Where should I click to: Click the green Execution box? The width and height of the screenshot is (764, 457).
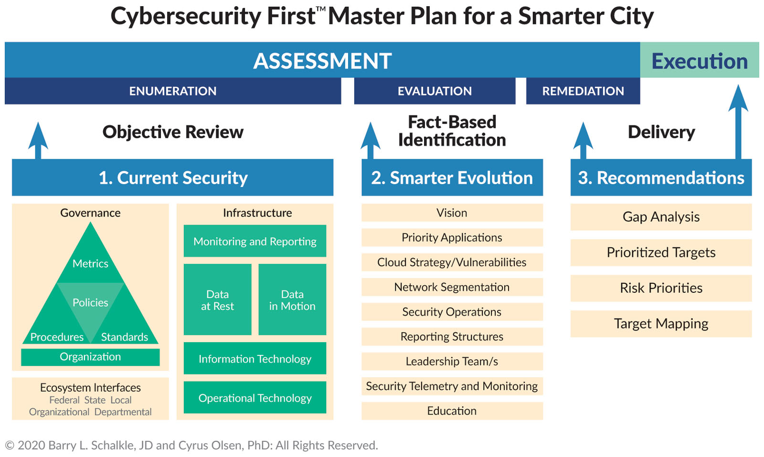699,60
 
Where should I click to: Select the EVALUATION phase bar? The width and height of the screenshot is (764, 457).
435,91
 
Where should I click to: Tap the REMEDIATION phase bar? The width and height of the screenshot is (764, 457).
583,91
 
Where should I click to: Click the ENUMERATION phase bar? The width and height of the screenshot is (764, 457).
173,91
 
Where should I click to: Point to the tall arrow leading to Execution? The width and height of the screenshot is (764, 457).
738,122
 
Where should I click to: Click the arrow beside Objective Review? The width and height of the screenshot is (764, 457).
38,140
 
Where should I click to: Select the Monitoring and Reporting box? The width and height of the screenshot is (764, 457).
255,241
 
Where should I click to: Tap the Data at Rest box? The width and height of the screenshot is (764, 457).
218,300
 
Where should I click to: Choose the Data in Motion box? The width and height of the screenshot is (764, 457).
292,300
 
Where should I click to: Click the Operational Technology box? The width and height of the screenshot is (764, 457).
255,397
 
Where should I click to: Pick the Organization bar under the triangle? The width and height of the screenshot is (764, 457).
90,357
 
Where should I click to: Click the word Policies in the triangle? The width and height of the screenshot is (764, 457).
90,302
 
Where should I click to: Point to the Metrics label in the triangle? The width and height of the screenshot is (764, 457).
90,263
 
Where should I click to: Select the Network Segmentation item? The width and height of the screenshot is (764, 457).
452,287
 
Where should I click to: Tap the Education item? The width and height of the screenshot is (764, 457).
452,411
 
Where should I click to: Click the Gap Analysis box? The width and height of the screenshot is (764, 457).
661,217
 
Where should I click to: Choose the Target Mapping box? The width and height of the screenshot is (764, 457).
661,324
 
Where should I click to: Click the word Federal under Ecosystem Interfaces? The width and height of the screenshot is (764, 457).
64,400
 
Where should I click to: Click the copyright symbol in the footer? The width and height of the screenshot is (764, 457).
10,446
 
